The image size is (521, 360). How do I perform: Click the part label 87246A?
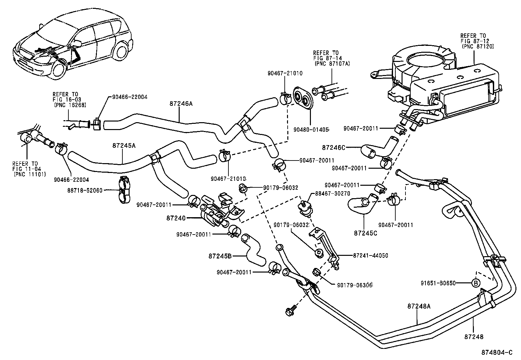181,104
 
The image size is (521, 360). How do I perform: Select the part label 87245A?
123,145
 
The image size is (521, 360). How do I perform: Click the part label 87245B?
220,256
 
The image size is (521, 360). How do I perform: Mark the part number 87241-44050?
371,256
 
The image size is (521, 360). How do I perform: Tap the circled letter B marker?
476,283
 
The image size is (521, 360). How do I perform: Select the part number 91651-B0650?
439,283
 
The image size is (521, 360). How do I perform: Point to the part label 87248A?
419,307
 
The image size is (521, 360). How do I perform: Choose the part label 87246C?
333,148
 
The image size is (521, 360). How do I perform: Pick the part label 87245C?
365,233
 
